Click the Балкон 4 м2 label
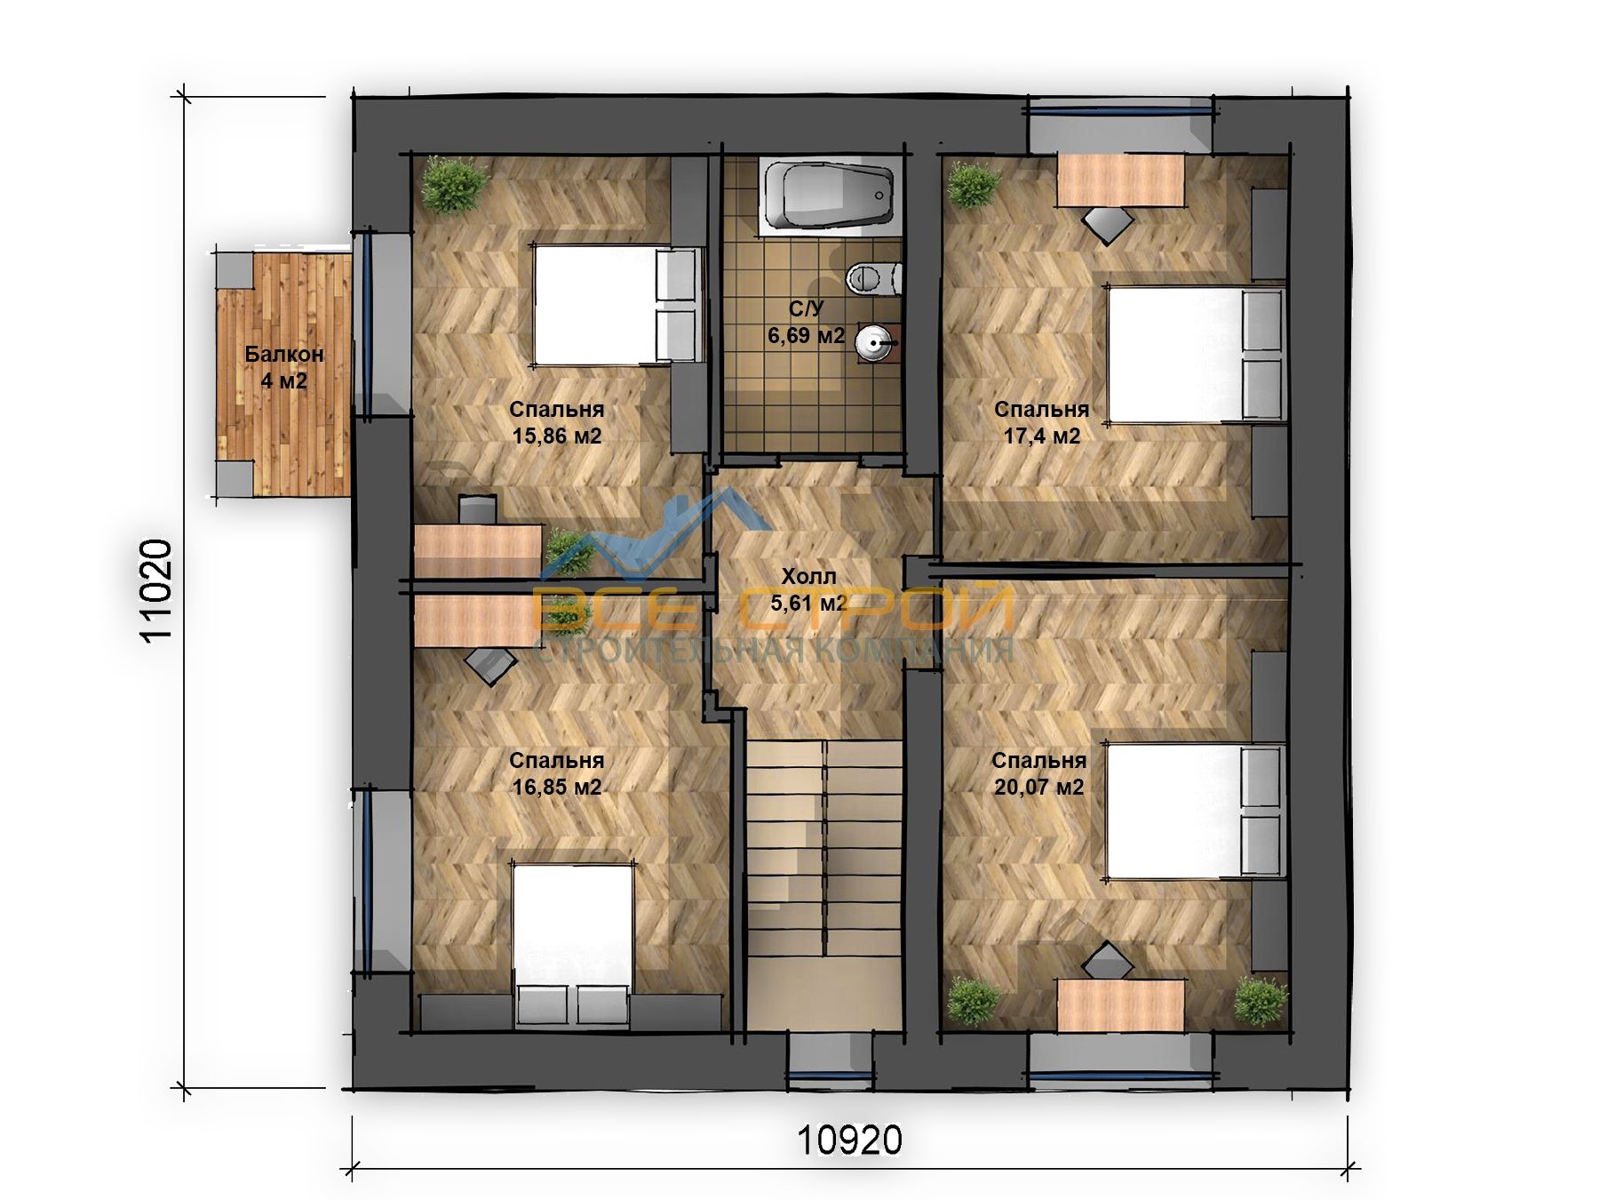click(x=284, y=367)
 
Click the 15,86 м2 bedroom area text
click(x=557, y=436)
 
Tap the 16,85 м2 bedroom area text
click(x=557, y=787)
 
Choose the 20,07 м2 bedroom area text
click(x=1038, y=787)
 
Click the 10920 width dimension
click(x=849, y=1140)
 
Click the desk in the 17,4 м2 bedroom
click(x=1122, y=179)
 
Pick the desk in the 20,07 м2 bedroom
click(x=1121, y=1005)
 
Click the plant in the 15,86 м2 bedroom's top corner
click(x=455, y=184)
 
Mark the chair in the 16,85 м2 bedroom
click(x=491, y=663)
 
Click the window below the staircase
click(x=831, y=1058)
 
